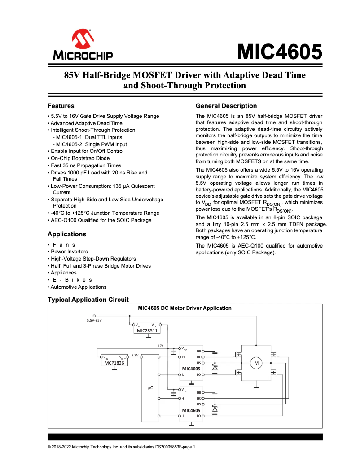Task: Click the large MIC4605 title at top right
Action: (x=280, y=52)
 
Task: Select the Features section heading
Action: (x=61, y=106)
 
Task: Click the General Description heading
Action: (x=226, y=106)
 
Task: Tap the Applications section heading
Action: (x=67, y=234)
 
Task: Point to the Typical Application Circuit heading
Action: (x=88, y=300)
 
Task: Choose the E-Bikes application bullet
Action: (x=72, y=280)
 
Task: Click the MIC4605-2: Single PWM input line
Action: (x=90, y=144)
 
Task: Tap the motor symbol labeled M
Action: (x=257, y=363)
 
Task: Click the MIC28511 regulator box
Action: (x=147, y=328)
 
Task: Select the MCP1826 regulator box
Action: (x=114, y=361)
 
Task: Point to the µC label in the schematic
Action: (x=151, y=386)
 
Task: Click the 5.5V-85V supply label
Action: (x=94, y=321)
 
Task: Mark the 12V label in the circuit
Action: (x=160, y=346)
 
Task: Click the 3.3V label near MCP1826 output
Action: (x=135, y=355)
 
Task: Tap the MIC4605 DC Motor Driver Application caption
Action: (x=184, y=308)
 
